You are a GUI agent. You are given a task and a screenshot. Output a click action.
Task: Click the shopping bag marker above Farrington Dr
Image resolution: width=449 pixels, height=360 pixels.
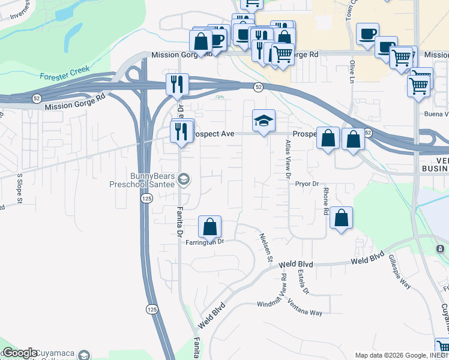(210, 227)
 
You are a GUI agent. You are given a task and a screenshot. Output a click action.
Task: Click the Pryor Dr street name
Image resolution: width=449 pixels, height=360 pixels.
(306, 184)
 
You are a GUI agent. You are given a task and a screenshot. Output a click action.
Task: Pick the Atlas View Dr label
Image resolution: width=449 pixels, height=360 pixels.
(288, 160)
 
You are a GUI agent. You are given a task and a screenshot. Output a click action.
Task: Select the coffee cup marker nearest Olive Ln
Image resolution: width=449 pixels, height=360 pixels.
(367, 34)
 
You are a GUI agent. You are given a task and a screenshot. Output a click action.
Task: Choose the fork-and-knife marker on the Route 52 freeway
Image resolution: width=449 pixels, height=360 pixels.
(176, 84)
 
